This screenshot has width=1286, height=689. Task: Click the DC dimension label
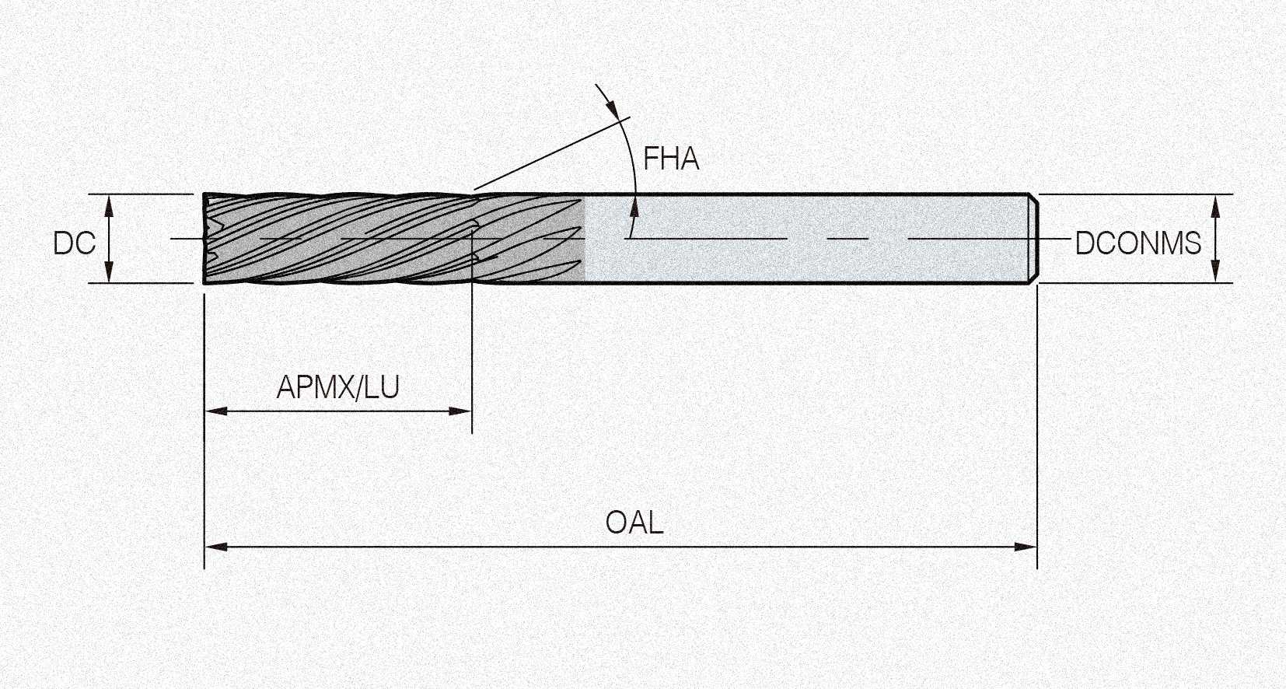pyautogui.click(x=74, y=243)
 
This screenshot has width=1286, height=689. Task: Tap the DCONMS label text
pyautogui.click(x=1137, y=243)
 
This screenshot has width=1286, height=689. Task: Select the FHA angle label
pyautogui.click(x=671, y=159)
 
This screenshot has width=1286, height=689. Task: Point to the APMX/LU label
pyautogui.click(x=337, y=387)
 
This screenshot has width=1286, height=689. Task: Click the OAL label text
pyautogui.click(x=634, y=523)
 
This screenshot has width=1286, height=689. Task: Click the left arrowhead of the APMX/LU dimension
pyautogui.click(x=216, y=411)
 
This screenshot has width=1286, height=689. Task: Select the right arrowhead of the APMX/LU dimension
pyautogui.click(x=460, y=411)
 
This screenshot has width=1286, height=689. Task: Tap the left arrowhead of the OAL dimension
pyautogui.click(x=216, y=547)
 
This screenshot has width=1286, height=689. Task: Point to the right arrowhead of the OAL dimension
pyautogui.click(x=1026, y=547)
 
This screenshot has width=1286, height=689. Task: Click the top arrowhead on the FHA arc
pyautogui.click(x=612, y=107)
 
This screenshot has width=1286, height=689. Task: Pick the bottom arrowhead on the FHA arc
pyautogui.click(x=634, y=207)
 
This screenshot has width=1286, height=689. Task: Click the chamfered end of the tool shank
pyautogui.click(x=1033, y=238)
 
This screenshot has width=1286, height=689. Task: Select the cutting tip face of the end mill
pyautogui.click(x=206, y=238)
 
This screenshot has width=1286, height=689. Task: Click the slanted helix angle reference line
pyautogui.click(x=552, y=153)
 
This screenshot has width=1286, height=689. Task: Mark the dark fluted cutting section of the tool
pyautogui.click(x=394, y=238)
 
